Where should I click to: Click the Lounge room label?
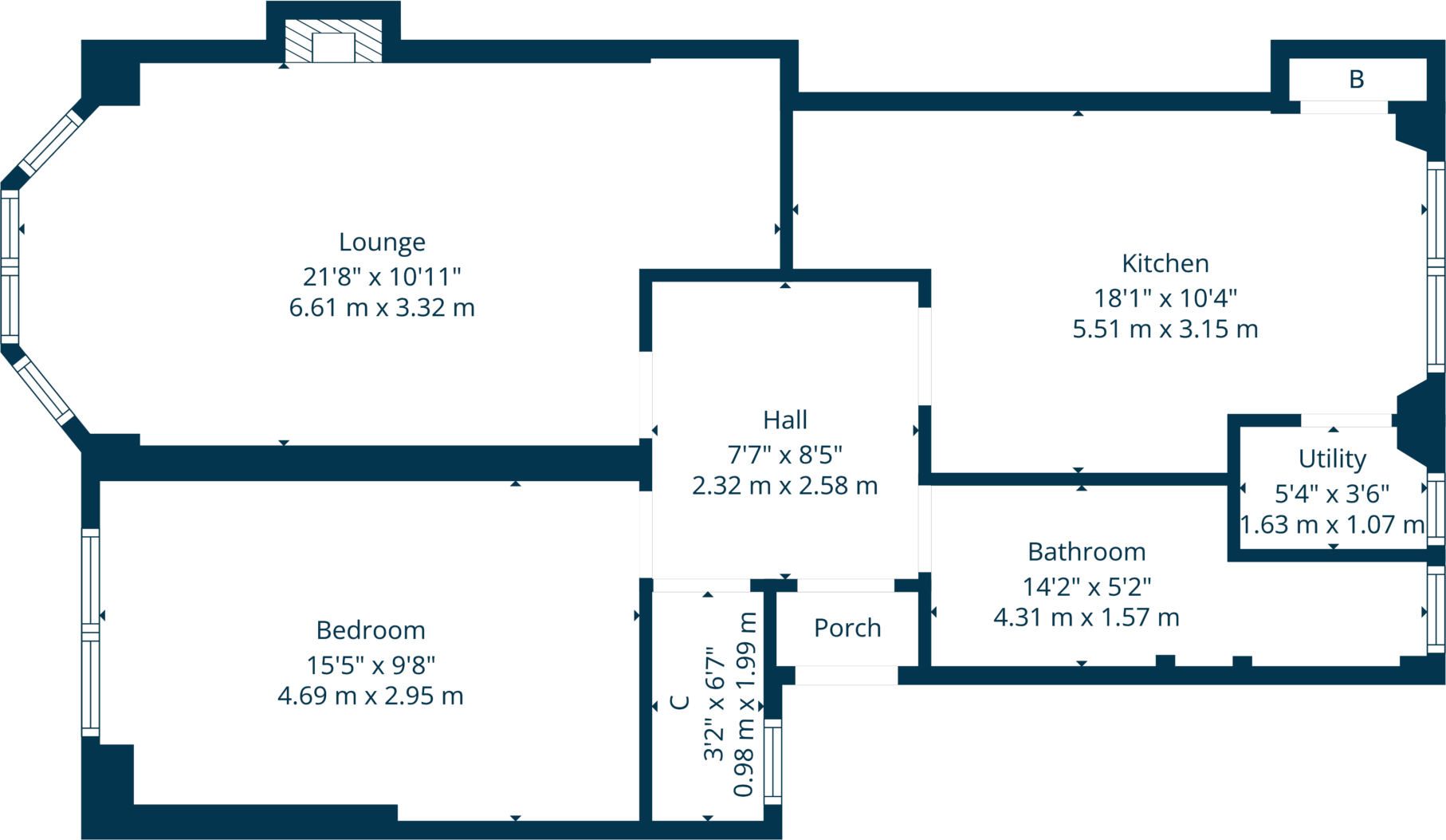click(x=382, y=242)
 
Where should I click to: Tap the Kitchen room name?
click(x=1165, y=263)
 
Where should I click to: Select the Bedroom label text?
click(x=371, y=630)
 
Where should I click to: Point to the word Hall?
click(x=784, y=420)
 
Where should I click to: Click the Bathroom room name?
click(x=1086, y=552)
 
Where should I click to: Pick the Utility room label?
click(x=1332, y=459)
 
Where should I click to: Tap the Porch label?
click(x=847, y=628)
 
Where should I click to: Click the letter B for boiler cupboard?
click(x=1356, y=79)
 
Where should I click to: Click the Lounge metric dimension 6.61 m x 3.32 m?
click(x=382, y=307)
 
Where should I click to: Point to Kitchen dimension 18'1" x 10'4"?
click(x=1165, y=298)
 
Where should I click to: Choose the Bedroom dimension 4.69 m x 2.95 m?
click(x=371, y=696)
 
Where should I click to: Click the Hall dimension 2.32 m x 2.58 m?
click(x=784, y=486)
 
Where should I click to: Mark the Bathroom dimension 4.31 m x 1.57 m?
click(x=1086, y=617)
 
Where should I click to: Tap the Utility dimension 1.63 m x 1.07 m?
click(x=1332, y=525)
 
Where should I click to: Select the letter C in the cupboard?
click(x=680, y=702)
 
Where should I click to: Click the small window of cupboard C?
click(x=772, y=761)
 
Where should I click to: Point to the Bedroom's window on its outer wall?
click(x=90, y=632)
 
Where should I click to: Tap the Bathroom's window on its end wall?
click(x=1435, y=609)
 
